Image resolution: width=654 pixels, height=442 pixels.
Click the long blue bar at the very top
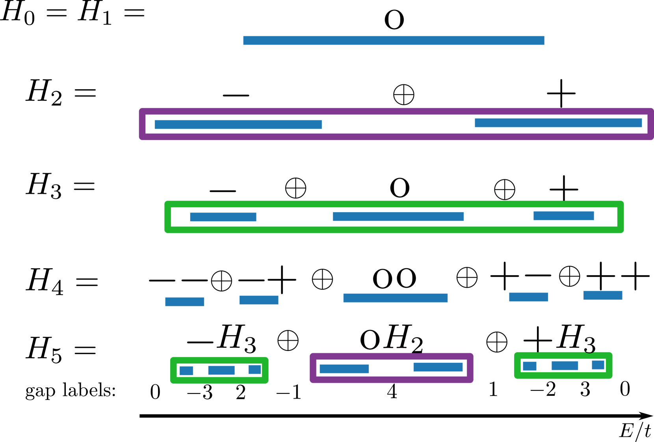(x=394, y=40)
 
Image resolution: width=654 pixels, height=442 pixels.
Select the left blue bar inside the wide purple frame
(x=238, y=125)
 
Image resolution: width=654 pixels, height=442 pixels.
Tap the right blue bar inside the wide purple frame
(x=558, y=123)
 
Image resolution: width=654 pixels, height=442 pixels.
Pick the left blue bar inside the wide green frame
(x=223, y=217)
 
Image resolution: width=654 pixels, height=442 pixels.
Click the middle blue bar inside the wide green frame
(x=398, y=216)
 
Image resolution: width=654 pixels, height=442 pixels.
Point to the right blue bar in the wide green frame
(x=563, y=216)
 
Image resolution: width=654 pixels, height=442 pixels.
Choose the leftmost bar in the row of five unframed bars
(x=184, y=302)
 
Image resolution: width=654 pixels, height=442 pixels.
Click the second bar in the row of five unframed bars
(x=258, y=300)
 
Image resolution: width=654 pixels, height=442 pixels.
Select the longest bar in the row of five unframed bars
(x=395, y=298)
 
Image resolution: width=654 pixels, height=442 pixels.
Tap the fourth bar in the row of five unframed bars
(x=528, y=297)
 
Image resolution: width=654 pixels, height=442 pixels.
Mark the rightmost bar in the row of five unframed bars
(x=602, y=295)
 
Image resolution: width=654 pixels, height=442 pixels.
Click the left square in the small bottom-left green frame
(x=186, y=371)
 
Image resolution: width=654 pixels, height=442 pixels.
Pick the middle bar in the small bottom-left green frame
(x=221, y=370)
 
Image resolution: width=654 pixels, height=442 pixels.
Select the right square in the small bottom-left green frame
(x=255, y=369)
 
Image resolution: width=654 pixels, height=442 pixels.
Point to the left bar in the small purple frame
(x=344, y=369)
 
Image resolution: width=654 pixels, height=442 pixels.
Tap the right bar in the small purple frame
(x=438, y=367)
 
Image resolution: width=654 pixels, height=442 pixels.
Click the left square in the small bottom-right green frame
(x=530, y=366)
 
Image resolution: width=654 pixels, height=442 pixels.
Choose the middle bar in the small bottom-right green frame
(x=565, y=366)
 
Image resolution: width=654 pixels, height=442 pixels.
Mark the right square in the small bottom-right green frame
(x=598, y=365)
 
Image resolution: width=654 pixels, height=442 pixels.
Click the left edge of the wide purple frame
(x=142, y=124)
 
